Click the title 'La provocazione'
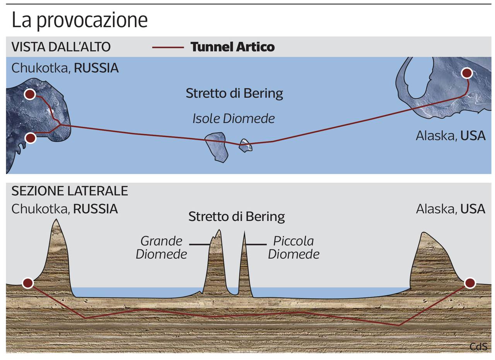(80, 20)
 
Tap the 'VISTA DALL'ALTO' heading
(61, 47)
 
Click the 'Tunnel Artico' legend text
(232, 47)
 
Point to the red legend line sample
(168, 47)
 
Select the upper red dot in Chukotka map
(30, 94)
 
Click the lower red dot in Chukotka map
(30, 138)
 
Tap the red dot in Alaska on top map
(467, 73)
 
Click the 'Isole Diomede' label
(234, 118)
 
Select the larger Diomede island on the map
(216, 146)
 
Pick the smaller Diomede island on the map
(245, 145)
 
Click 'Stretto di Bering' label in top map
(234, 93)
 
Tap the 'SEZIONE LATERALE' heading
(70, 191)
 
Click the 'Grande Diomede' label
(161, 247)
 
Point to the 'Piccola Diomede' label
(294, 247)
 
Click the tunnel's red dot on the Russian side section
(27, 283)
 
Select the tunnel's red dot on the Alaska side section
(469, 283)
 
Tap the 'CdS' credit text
(478, 346)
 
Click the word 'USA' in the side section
(473, 209)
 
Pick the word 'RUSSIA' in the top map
(96, 68)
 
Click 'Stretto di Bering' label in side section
(237, 217)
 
